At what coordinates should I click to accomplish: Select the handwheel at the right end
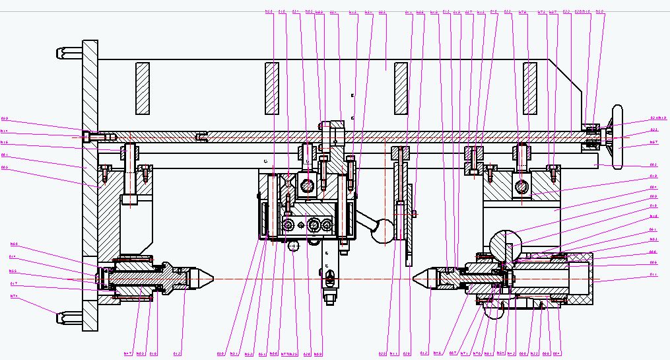[x=619, y=136]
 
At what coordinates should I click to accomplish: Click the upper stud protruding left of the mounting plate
[x=69, y=52]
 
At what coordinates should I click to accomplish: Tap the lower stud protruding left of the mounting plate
[x=69, y=317]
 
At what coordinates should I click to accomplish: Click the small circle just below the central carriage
[x=293, y=246]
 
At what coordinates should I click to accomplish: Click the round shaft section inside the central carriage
[x=308, y=186]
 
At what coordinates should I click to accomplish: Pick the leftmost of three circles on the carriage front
[x=289, y=227]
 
